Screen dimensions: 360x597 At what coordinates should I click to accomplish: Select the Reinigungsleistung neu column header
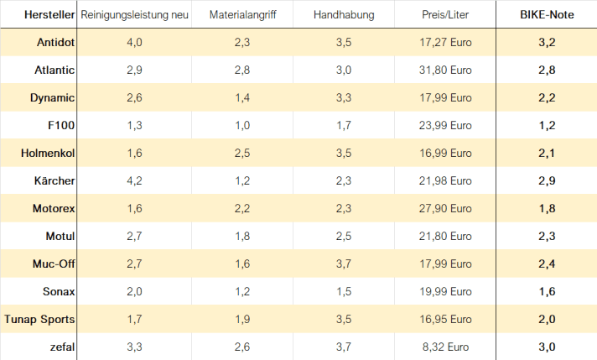tap(134, 16)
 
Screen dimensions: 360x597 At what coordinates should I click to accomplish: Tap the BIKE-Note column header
tap(546, 16)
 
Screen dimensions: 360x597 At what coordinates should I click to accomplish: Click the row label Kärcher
tap(54, 181)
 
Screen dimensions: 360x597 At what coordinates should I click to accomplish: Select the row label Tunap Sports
tap(39, 319)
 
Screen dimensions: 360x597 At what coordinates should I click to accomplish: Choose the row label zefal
tap(61, 347)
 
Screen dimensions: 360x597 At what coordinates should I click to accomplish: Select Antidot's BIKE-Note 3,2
tap(546, 43)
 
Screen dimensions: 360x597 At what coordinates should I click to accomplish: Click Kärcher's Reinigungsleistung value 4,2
tap(134, 181)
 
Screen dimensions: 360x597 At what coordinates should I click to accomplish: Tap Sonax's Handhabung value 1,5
tap(344, 291)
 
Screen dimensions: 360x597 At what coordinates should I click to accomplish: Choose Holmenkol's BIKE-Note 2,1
tap(546, 154)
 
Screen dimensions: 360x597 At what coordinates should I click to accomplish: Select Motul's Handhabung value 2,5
tap(344, 237)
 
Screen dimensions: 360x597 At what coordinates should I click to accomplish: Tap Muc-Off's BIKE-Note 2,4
tap(546, 264)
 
